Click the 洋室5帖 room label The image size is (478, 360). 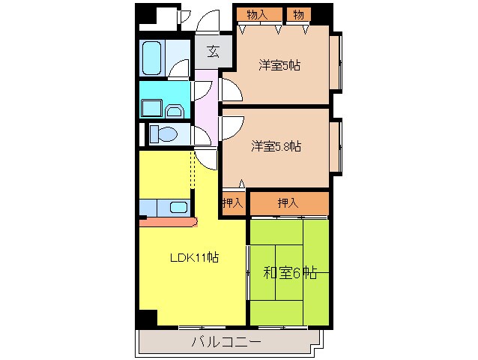pos(279,65)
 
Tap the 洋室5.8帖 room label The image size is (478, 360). pos(276,146)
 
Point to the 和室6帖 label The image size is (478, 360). pos(289,274)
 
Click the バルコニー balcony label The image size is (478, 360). pos(224,343)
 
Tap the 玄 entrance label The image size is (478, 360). pos(214,52)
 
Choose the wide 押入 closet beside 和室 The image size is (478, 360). pos(288,202)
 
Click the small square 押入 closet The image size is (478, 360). pos(232,202)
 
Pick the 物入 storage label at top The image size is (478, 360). pos(257,14)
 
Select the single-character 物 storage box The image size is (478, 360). pos(299,14)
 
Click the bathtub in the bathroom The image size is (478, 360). pos(151,55)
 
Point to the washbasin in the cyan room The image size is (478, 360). pos(174,111)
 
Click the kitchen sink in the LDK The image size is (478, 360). pos(178,207)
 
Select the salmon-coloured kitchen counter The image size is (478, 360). pos(166,221)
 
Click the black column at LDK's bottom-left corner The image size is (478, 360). pos(147,316)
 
